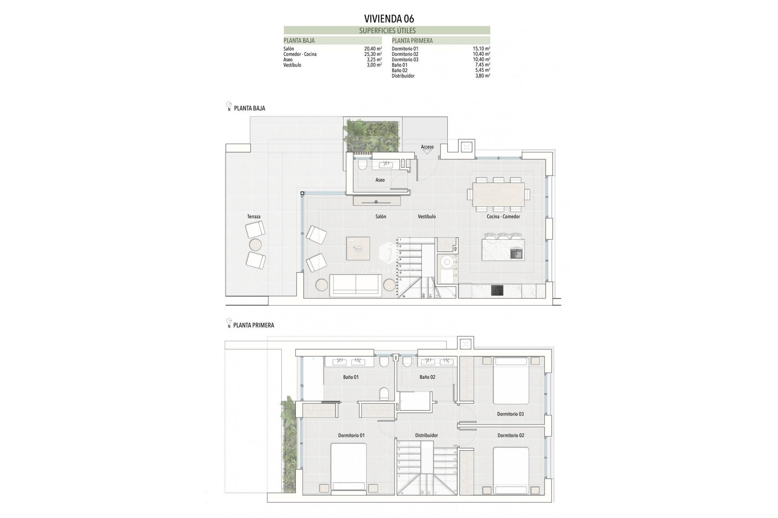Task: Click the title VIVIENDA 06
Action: click(389, 19)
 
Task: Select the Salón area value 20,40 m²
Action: click(373, 49)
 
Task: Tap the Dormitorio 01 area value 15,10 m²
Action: click(481, 49)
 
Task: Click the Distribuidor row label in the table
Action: click(403, 76)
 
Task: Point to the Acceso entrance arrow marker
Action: click(427, 152)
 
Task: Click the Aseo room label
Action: click(380, 180)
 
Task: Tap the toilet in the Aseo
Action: click(362, 165)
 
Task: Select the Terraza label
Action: click(254, 217)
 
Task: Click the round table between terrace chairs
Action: click(256, 245)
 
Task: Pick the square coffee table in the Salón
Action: click(358, 248)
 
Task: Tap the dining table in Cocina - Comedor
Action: click(498, 195)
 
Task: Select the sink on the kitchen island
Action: click(516, 254)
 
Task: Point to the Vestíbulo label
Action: click(427, 217)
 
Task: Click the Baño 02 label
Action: click(427, 377)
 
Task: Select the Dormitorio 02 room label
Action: click(511, 435)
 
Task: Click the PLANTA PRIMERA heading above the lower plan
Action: click(254, 325)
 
